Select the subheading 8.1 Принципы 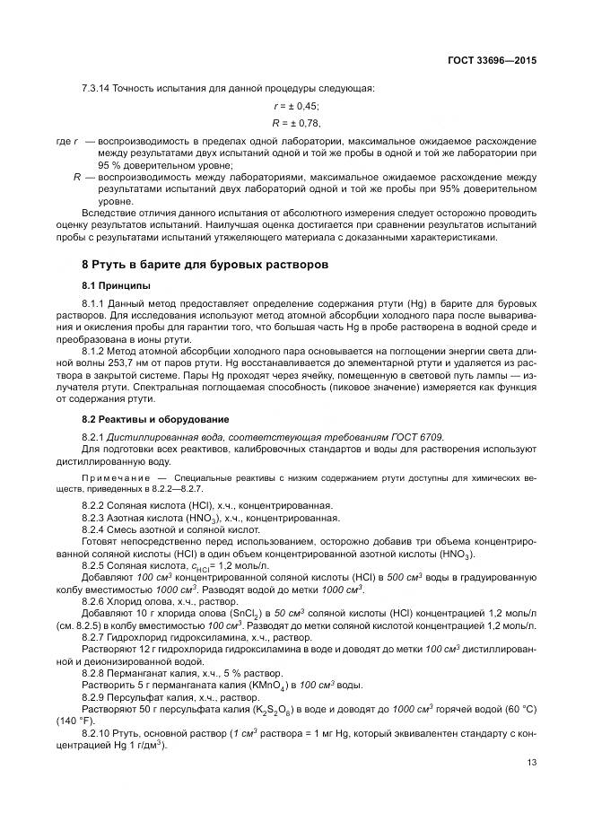[116, 285]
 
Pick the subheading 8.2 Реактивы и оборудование [156, 419]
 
